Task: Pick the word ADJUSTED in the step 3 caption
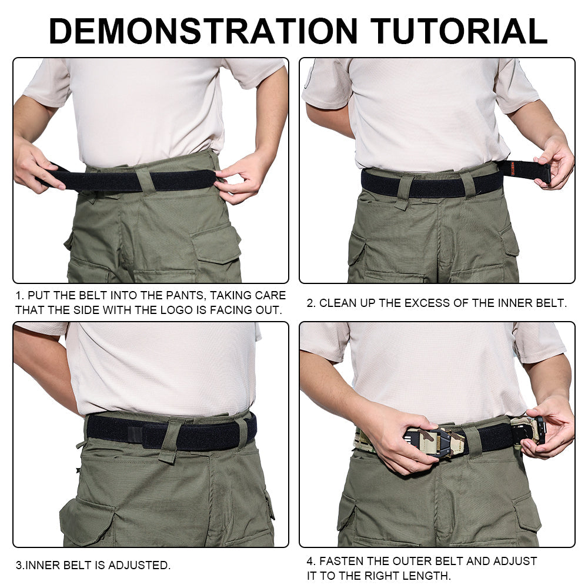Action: [140, 566]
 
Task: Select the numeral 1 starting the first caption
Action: [18, 295]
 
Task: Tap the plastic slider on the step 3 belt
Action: [135, 435]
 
